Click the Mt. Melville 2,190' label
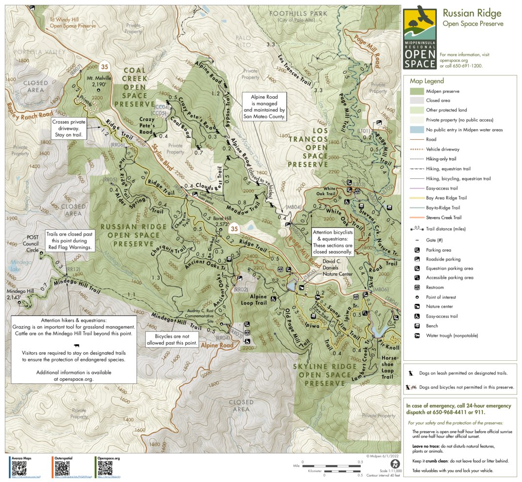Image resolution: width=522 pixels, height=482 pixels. point(99,81)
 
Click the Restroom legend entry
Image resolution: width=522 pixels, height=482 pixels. point(434,287)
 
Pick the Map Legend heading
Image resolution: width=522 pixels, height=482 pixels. point(427,81)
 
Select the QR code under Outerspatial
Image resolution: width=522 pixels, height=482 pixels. point(62,468)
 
